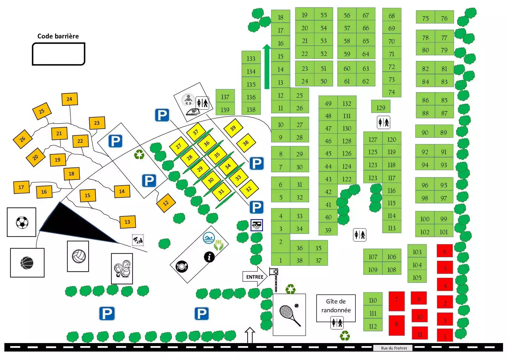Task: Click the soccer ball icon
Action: pos(22,222)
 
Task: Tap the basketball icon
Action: pos(27,263)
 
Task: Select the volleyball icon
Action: pos(79,256)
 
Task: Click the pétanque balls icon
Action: pos(122,269)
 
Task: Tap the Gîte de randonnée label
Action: pos(336,306)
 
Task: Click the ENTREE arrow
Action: pos(255,277)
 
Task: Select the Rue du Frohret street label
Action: pos(394,348)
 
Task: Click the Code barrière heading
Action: pos(58,36)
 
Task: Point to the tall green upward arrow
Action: pos(267,66)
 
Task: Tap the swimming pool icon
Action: pos(209,238)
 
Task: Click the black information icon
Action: pos(209,257)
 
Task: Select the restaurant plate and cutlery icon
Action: pos(182,266)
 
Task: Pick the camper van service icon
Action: pos(257,225)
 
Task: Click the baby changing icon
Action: pos(188,99)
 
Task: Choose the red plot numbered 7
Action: pos(397,301)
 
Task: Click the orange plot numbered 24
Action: pos(70,99)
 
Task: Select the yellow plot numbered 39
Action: pos(233,128)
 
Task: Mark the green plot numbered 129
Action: pos(381,106)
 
